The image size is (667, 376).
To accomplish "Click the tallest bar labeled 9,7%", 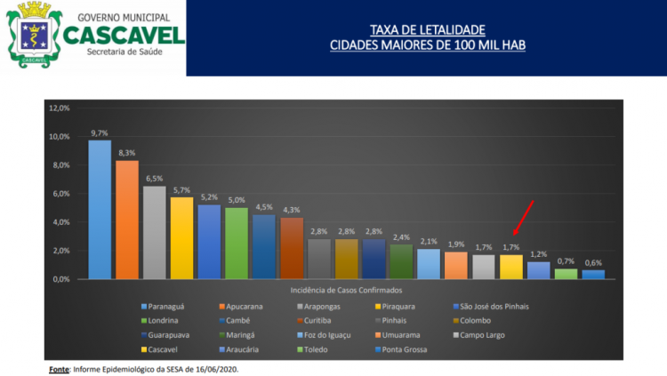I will click(x=100, y=209).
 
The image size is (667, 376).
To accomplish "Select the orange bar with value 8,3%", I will click(x=127, y=220).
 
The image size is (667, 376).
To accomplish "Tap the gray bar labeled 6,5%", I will click(x=155, y=232).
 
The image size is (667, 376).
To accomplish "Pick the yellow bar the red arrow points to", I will click(x=510, y=267).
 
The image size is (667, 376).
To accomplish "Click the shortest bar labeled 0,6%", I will click(x=593, y=275).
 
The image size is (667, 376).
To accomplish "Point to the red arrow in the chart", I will click(x=524, y=223).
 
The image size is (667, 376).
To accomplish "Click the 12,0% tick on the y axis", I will click(x=60, y=108).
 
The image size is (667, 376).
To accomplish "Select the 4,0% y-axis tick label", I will click(x=60, y=222).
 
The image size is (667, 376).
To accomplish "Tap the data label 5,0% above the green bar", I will click(x=236, y=200).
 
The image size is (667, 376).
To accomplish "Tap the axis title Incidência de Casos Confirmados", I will click(x=347, y=291).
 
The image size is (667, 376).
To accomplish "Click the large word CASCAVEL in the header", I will click(x=124, y=34).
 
